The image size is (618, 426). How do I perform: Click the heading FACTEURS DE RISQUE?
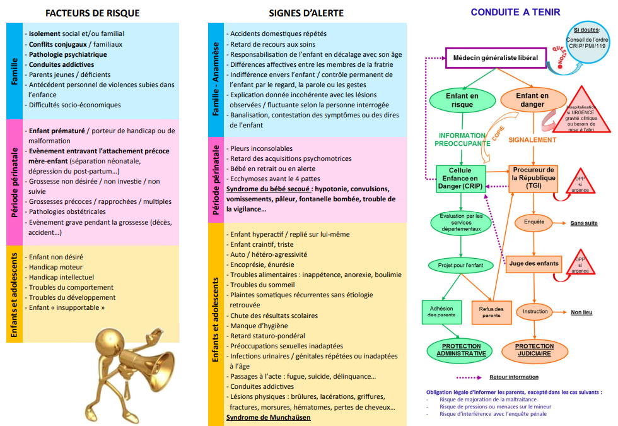click(x=93, y=13)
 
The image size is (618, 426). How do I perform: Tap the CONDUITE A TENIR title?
click(x=515, y=12)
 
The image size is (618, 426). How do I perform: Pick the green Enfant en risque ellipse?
click(x=462, y=100)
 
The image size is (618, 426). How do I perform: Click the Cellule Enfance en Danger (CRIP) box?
click(x=460, y=179)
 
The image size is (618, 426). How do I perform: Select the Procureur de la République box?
click(x=533, y=179)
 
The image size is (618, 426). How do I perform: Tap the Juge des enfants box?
click(x=533, y=263)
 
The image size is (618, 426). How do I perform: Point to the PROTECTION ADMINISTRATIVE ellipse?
click(x=461, y=350)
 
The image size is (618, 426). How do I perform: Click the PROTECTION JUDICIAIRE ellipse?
click(x=534, y=350)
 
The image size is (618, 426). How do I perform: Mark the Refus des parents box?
click(x=491, y=312)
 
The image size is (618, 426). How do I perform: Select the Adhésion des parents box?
click(x=441, y=311)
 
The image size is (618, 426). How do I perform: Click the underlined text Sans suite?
click(x=584, y=223)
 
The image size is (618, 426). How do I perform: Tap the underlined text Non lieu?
click(x=581, y=312)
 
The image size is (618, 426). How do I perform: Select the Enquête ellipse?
click(x=533, y=222)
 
